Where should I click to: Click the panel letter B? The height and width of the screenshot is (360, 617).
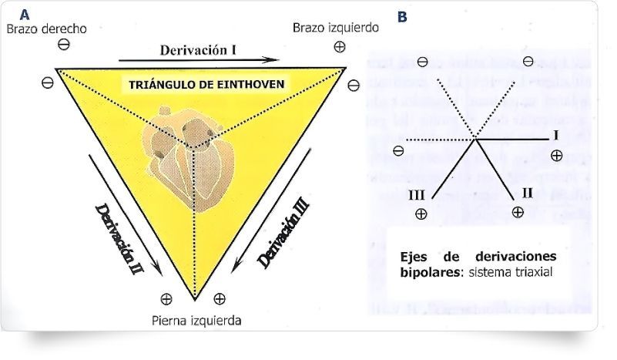click(403, 15)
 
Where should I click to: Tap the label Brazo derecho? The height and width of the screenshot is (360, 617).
click(46, 29)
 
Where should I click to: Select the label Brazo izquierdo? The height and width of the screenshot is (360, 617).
click(335, 28)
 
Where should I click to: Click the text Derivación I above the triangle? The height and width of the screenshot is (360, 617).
click(198, 49)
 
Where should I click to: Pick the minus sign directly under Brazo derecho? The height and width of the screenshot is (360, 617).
click(64, 45)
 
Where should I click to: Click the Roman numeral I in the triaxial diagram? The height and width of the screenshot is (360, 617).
click(555, 136)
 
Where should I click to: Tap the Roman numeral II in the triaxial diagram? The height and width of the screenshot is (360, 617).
click(527, 192)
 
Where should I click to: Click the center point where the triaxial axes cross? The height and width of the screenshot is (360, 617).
click(475, 140)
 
